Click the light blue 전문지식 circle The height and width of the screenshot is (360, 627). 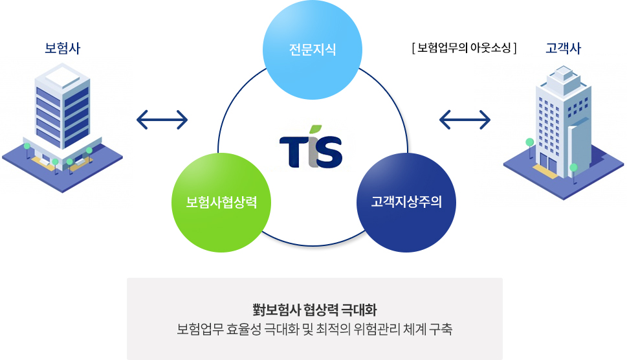coord(313,50)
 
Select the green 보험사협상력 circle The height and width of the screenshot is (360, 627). coord(221,203)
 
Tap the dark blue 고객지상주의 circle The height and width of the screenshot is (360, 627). coord(406,203)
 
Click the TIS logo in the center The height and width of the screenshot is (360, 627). coord(311,147)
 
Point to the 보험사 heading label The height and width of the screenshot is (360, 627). coord(62,49)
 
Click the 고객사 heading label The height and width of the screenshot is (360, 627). coord(563,49)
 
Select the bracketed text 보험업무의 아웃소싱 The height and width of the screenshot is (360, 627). coord(464,49)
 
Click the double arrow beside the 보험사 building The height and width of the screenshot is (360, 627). coord(162,120)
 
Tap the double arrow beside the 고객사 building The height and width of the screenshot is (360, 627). coord(465,120)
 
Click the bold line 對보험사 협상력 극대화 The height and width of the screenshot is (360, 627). coord(314,309)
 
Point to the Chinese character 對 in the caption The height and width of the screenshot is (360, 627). coord(259,309)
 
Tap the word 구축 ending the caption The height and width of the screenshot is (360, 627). coord(441,329)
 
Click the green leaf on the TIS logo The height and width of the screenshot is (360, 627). coord(316,129)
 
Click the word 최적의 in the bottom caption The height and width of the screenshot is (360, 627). coord(333,329)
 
